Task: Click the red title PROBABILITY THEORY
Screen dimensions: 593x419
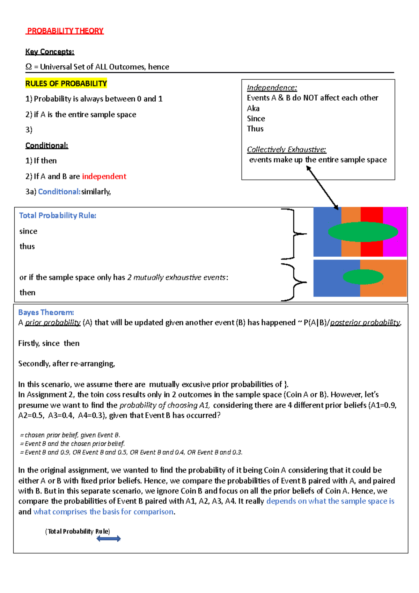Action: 65,31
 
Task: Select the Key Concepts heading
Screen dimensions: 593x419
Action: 50,52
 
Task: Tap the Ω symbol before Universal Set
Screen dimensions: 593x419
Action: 28,67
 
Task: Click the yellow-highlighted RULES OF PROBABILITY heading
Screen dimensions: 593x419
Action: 66,83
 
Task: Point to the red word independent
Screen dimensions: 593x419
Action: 104,176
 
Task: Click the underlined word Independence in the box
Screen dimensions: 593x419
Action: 272,88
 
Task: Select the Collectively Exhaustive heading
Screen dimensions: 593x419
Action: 286,149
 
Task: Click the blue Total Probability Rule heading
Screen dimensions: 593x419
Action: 58,215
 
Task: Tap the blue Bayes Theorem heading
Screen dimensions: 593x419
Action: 46,312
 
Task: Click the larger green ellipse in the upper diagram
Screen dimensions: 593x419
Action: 363,232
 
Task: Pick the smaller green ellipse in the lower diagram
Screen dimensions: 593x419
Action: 363,277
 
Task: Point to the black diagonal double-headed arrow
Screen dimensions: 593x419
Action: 322,188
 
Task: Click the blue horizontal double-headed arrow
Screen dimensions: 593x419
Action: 109,539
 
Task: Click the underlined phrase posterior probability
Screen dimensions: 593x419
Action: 365,322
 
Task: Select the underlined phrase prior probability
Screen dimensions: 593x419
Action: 53,322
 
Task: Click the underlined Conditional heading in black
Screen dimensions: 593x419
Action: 47,146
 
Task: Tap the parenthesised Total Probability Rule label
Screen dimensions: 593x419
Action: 78,531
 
